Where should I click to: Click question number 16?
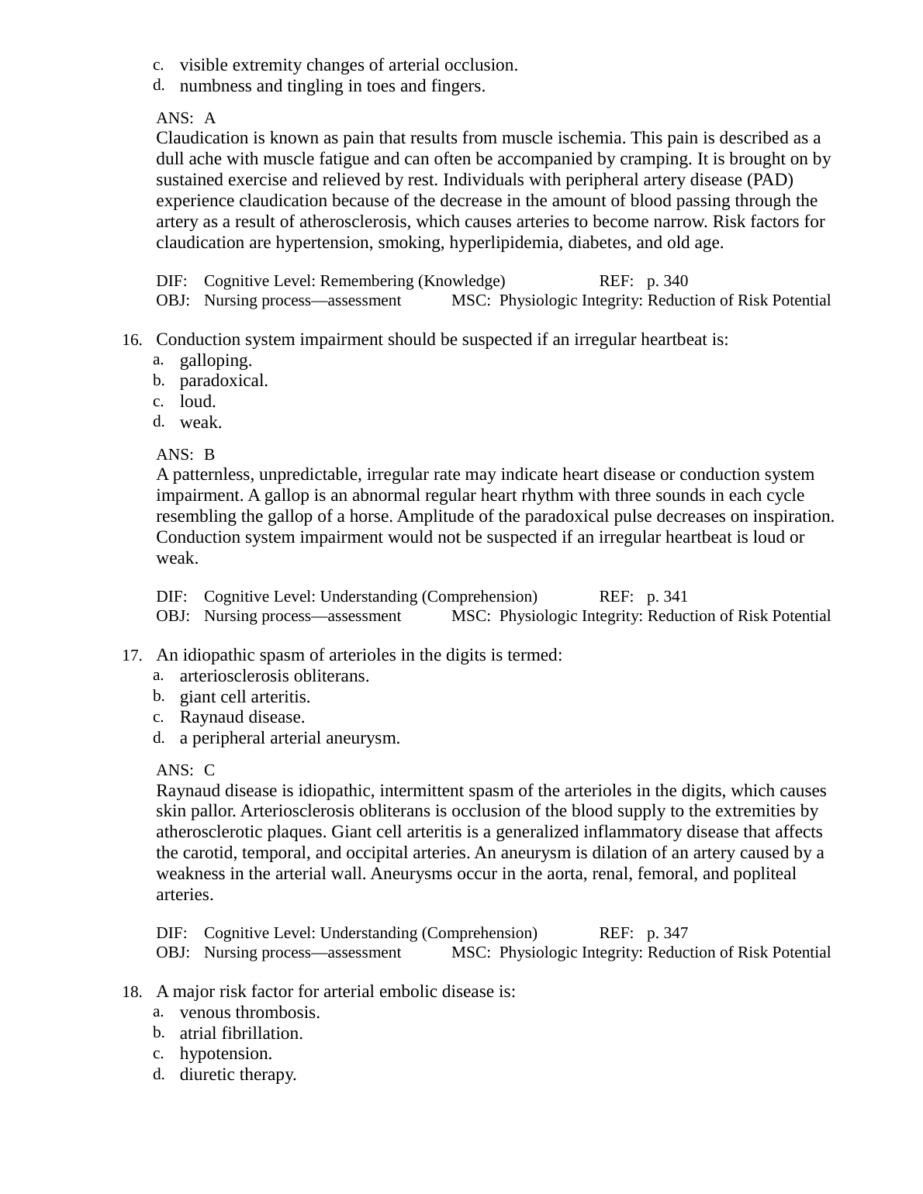[x=131, y=340]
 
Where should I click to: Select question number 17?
[x=131, y=656]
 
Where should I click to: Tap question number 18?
[x=131, y=992]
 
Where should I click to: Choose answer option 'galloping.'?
[x=216, y=361]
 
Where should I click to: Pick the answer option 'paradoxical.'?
[x=223, y=381]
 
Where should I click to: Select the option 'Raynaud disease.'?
[x=242, y=717]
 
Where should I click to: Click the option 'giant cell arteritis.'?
[x=244, y=697]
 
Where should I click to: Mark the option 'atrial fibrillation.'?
[x=240, y=1034]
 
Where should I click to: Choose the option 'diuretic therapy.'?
[x=237, y=1075]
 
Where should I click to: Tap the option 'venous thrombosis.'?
[x=249, y=1013]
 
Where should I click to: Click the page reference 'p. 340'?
[x=667, y=281]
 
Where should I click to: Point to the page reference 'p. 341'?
[x=667, y=596]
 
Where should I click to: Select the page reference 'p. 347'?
[x=667, y=933]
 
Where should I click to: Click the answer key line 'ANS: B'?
[x=185, y=454]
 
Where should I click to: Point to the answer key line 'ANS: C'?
[x=185, y=770]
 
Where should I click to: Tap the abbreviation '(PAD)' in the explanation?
[x=770, y=180]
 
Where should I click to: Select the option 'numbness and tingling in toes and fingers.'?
[x=332, y=86]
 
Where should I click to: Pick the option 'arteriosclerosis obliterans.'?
[x=274, y=676]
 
